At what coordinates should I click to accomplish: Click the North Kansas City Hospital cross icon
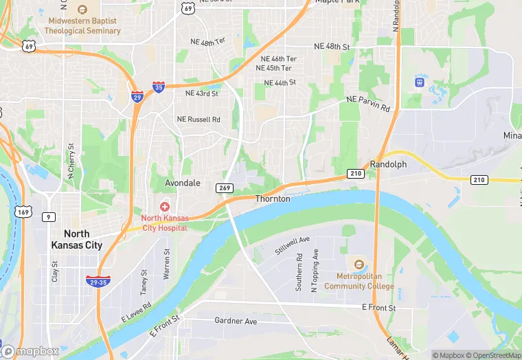coord(165,206)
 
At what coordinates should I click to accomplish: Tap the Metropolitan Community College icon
coord(358,264)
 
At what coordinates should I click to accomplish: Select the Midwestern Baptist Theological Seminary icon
coord(82,10)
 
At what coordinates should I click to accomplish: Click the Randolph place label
coord(388,164)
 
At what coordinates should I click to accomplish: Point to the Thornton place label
coord(273,199)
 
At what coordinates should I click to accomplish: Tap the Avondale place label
coord(183,183)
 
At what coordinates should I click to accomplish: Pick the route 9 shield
coord(47,217)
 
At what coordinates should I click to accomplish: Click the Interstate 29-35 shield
coord(98,281)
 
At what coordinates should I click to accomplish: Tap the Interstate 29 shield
coord(137,96)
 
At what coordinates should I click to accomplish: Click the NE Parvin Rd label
coord(368,104)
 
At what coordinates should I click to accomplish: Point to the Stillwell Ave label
coord(293,243)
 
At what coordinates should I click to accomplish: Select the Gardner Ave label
coord(236,321)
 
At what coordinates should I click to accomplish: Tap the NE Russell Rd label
coord(198,120)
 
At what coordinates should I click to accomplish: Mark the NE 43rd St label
coord(201,93)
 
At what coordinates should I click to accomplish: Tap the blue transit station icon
coord(418,81)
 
